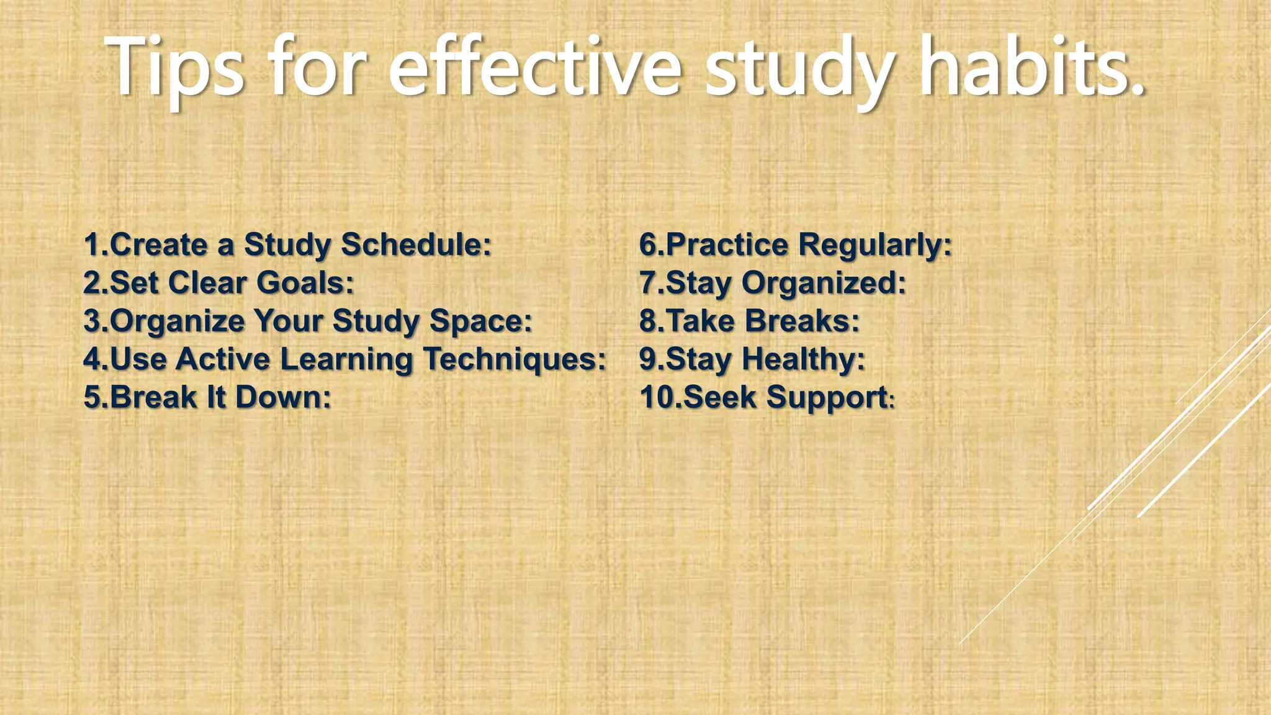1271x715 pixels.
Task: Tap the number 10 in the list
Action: [x=655, y=397]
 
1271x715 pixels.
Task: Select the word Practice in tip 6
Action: [x=727, y=244]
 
